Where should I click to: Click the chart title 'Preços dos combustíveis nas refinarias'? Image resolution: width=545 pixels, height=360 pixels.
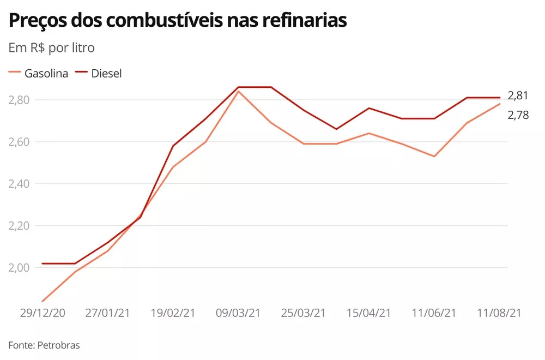[178, 21]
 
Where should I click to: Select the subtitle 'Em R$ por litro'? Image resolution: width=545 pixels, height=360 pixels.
[52, 48]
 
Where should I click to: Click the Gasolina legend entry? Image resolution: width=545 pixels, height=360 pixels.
[39, 74]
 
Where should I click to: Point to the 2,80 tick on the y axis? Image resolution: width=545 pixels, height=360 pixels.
[20, 100]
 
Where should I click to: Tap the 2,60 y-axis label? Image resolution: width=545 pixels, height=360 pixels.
[20, 142]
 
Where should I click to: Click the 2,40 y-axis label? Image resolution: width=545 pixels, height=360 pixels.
[20, 184]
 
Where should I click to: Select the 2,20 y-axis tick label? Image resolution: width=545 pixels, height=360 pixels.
[20, 226]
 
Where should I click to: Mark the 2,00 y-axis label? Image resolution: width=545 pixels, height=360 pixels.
[20, 268]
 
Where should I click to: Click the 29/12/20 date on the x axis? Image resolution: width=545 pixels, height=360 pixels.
[43, 313]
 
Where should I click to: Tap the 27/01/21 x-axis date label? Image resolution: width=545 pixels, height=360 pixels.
[108, 313]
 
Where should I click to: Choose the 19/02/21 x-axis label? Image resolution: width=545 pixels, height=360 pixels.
[173, 313]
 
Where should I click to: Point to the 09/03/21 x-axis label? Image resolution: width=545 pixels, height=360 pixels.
[238, 313]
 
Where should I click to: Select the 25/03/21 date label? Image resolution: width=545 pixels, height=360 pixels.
[304, 313]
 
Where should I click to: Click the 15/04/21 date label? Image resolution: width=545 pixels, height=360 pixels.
[369, 313]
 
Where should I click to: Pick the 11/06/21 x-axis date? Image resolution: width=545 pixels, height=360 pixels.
[434, 313]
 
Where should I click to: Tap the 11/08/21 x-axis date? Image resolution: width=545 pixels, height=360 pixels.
[499, 313]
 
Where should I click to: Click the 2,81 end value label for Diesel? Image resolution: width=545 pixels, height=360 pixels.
[518, 96]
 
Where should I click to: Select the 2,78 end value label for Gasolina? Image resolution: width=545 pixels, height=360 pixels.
[518, 115]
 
